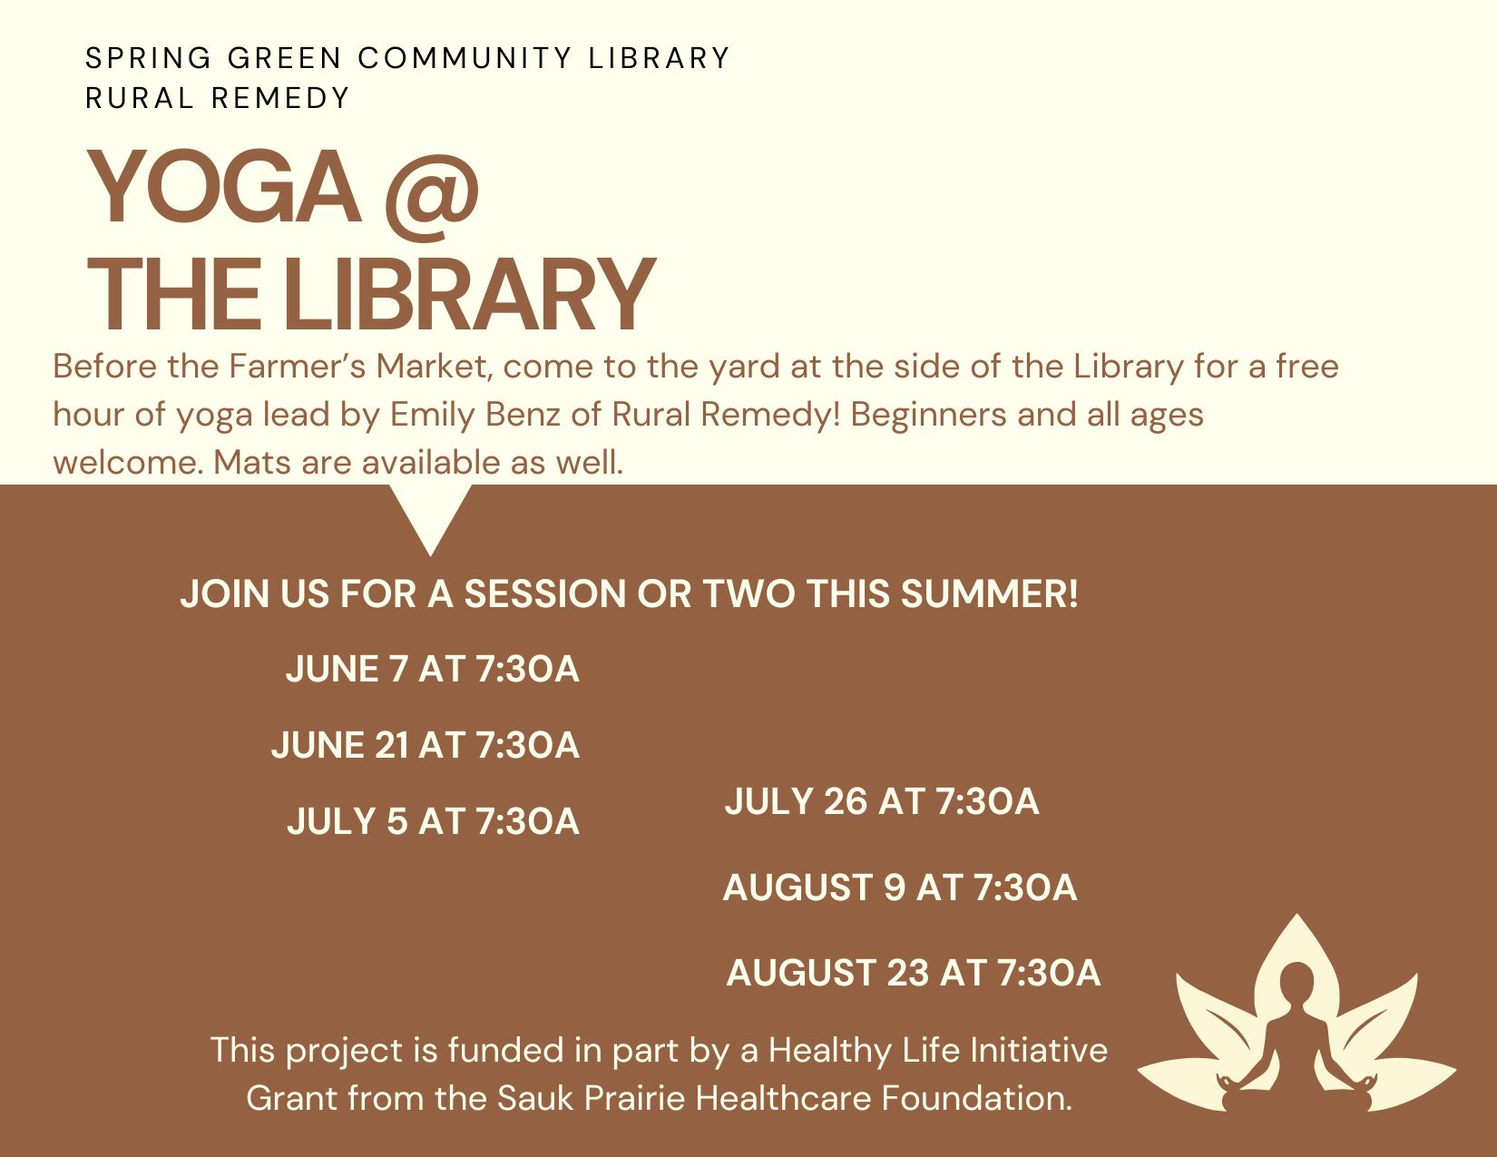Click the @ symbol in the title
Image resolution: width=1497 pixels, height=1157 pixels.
[432, 196]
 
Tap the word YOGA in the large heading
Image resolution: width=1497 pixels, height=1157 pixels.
[224, 187]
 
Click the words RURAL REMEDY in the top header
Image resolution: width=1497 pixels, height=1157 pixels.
[218, 99]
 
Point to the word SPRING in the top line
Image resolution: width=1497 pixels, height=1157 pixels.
[148, 58]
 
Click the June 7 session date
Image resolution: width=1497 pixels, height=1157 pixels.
[433, 669]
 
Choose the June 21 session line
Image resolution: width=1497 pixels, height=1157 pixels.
[426, 745]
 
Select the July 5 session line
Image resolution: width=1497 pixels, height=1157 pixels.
[434, 820]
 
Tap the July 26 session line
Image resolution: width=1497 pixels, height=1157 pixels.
[882, 801]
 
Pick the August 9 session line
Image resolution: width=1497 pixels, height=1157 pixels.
[900, 887]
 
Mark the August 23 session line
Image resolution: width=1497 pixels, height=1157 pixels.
[914, 972]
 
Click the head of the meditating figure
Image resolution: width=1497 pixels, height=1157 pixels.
[1297, 981]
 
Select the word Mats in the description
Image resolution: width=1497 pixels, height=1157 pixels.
[251, 463]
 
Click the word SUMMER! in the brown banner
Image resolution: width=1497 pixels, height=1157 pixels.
[989, 593]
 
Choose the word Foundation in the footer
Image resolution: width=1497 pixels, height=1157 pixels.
[977, 1098]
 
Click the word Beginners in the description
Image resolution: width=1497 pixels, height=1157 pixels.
[929, 416]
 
